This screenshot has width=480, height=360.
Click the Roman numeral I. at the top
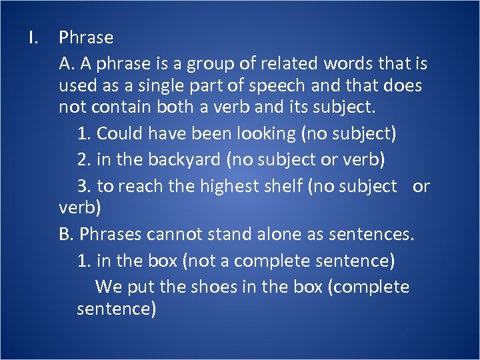click(34, 37)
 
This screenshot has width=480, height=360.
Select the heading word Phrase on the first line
click(86, 38)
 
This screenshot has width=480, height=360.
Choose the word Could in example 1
click(120, 133)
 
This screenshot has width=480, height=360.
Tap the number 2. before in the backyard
click(84, 160)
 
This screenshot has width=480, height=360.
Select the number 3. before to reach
click(84, 187)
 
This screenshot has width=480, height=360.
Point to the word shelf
click(283, 187)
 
